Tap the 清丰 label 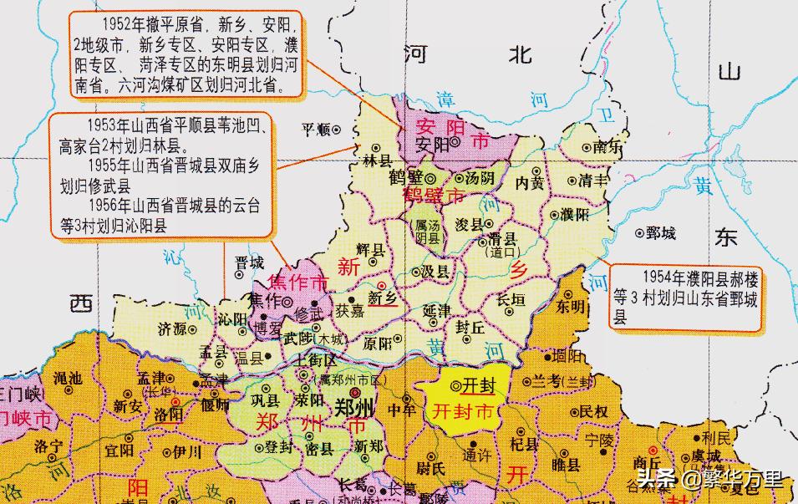595,180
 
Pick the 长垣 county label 511,298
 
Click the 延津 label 436,310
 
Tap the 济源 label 172,328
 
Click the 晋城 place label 249,261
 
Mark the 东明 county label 572,307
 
